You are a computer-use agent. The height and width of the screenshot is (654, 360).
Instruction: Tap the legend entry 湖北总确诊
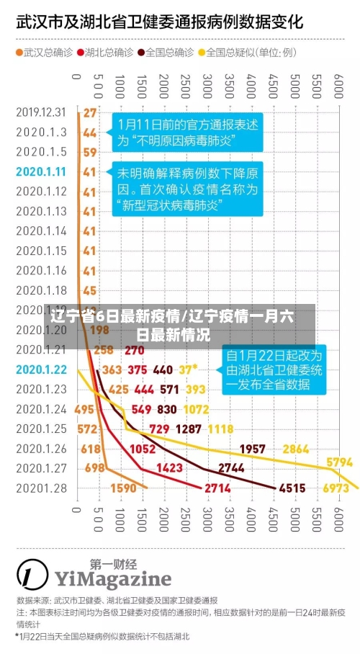click(x=104, y=52)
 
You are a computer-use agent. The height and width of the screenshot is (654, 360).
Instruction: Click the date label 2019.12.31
click(x=41, y=112)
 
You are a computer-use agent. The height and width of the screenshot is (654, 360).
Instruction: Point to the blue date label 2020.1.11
click(x=41, y=171)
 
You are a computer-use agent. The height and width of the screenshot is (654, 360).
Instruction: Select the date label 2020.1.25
click(x=41, y=429)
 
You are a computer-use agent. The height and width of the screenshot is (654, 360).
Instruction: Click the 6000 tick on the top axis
click(x=337, y=85)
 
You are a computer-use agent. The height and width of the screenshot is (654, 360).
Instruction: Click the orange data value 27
click(x=89, y=112)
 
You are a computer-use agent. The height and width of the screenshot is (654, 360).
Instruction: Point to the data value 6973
click(x=335, y=488)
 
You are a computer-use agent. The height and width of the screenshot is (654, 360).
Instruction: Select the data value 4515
click(x=292, y=488)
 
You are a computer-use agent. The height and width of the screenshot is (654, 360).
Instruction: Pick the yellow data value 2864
click(x=296, y=448)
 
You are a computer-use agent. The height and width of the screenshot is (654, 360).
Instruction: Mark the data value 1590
click(x=123, y=488)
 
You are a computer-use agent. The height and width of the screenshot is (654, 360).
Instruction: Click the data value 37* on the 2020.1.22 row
click(x=188, y=369)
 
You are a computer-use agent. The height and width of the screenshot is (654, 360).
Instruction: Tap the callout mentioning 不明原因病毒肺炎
click(x=187, y=132)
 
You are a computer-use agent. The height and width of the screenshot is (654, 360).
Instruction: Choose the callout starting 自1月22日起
click(x=274, y=369)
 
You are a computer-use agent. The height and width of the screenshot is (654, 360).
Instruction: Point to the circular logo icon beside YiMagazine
click(x=32, y=574)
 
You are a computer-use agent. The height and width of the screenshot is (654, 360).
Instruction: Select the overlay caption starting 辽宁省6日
click(x=174, y=325)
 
